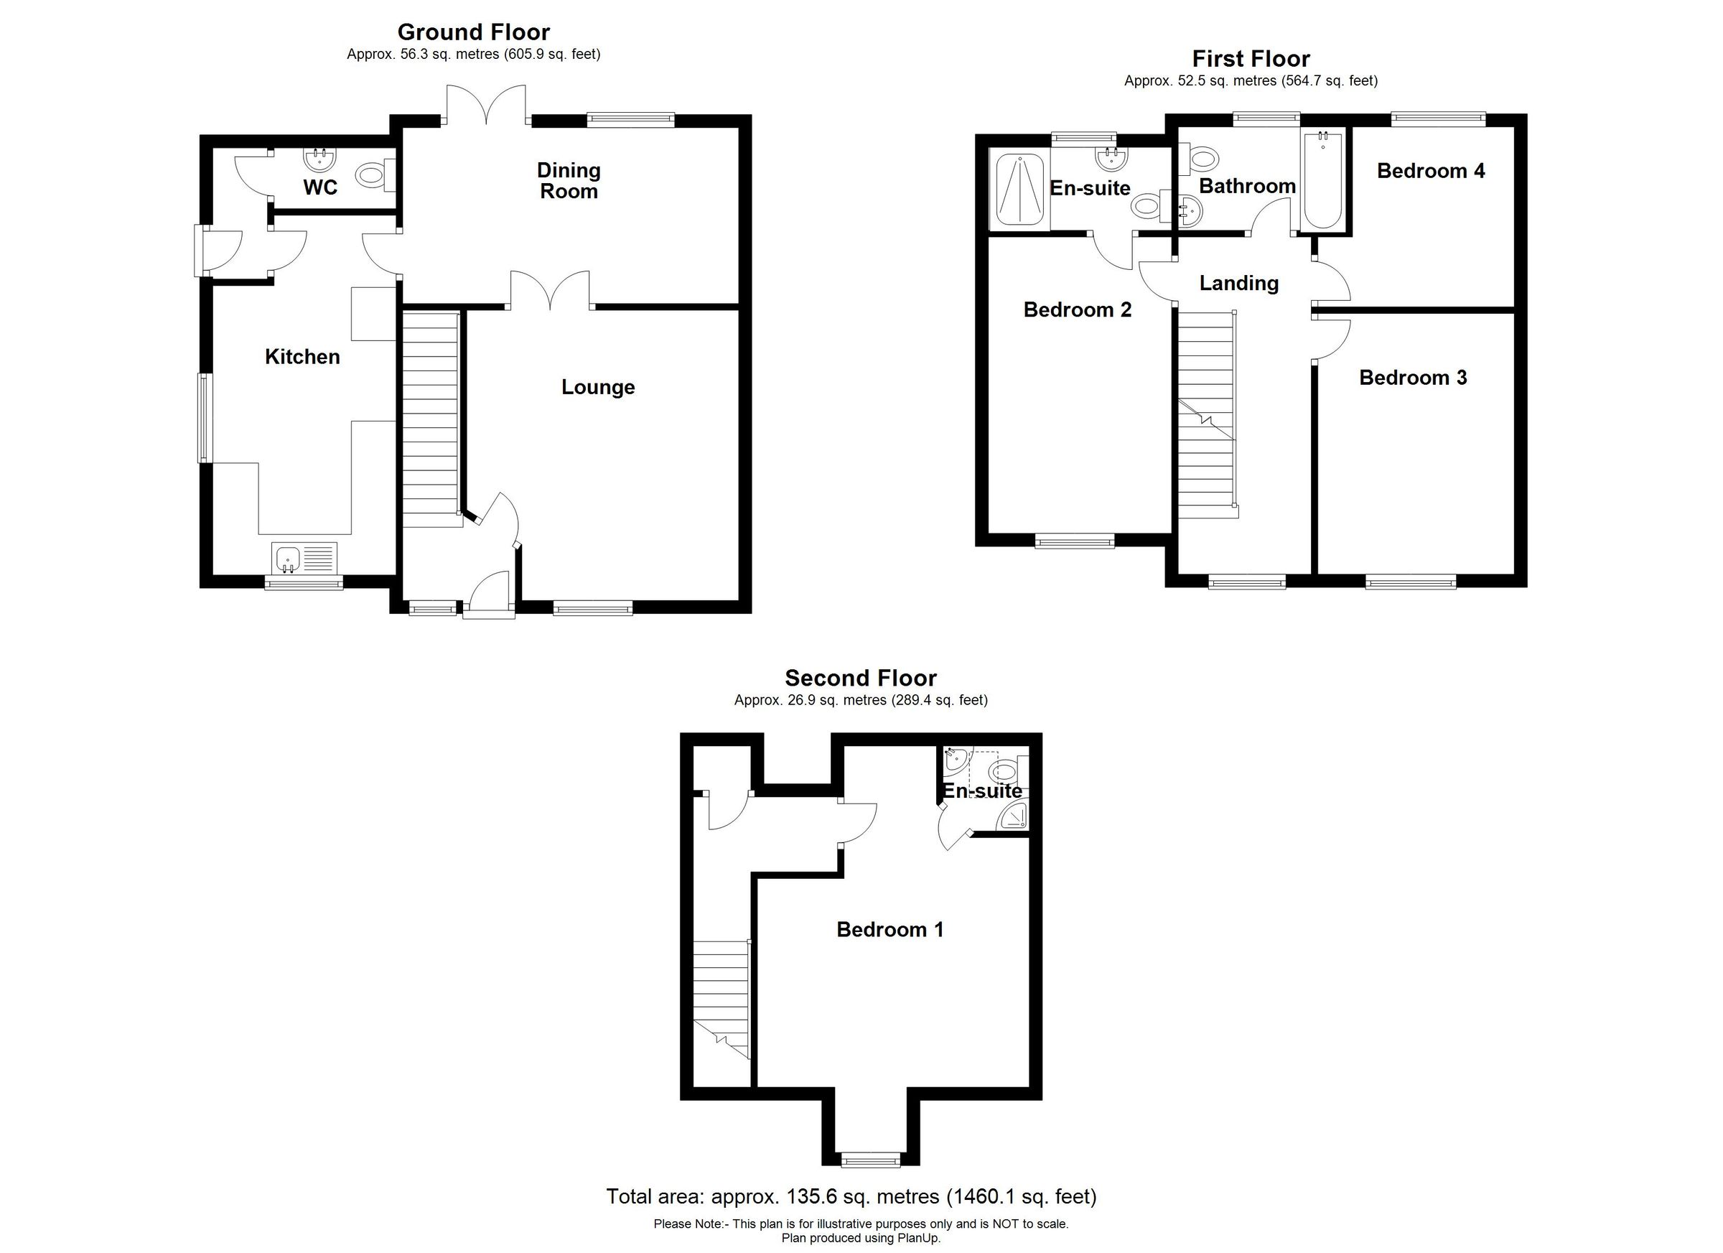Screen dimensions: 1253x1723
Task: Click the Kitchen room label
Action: coord(302,356)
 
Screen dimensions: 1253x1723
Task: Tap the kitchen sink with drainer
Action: coord(304,559)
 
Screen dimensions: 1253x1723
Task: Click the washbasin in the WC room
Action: coord(319,159)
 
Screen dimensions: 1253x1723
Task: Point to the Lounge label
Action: coord(598,388)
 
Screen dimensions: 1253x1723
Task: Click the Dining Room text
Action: coord(569,181)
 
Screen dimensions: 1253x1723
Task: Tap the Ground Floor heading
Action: coord(473,32)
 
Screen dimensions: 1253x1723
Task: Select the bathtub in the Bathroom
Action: coord(1322,180)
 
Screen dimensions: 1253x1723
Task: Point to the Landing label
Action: coord(1238,284)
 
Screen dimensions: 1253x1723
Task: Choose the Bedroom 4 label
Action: coord(1431,171)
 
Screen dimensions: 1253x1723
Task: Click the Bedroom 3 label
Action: coord(1412,378)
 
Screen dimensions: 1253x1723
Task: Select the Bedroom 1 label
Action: coord(889,929)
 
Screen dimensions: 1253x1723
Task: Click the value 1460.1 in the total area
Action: coord(981,1197)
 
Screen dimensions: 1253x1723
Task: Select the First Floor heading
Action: coord(1251,58)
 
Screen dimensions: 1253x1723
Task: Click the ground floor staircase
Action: coord(431,418)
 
